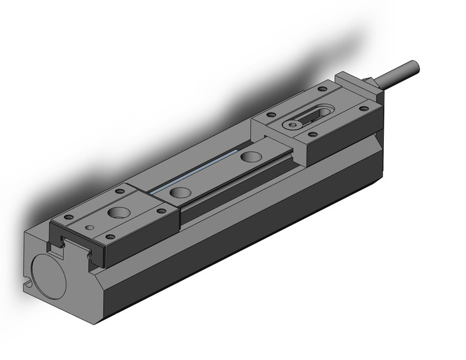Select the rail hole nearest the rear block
coord(249,156)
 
